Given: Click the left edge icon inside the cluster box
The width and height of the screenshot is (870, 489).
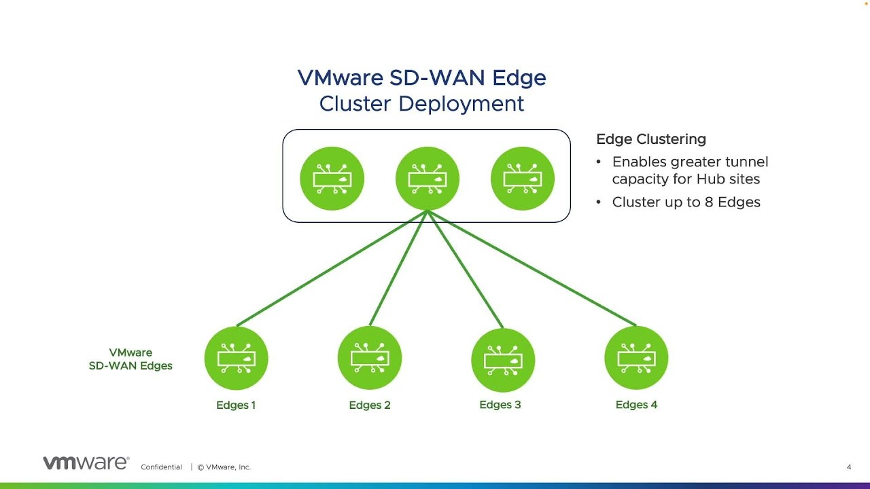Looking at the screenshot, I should pos(332,179).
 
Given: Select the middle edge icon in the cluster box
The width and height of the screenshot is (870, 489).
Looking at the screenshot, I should pos(427,179).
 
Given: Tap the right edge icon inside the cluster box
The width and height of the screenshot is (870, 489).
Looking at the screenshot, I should pos(522,179).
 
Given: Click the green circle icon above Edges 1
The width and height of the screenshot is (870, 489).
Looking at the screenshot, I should pos(236,358).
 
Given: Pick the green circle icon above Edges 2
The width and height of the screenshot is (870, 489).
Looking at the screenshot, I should pos(369,358).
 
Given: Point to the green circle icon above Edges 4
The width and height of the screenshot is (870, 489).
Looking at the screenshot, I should pos(636,358).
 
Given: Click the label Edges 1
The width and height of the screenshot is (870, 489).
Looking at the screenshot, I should pos(236,405).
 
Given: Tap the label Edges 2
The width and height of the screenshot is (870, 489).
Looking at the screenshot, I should pos(370,405).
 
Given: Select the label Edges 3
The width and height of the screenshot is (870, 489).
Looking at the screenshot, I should pos(500,405).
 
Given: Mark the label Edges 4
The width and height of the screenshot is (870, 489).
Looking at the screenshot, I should pos(636,405).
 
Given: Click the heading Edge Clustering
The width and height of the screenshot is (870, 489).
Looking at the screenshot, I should pos(650,139).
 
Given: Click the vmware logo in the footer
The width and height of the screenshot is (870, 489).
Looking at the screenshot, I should pos(86,463).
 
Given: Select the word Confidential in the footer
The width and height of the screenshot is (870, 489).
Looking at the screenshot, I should pos(161,467).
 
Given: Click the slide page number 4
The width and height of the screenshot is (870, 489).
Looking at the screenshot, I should pos(849,467).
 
